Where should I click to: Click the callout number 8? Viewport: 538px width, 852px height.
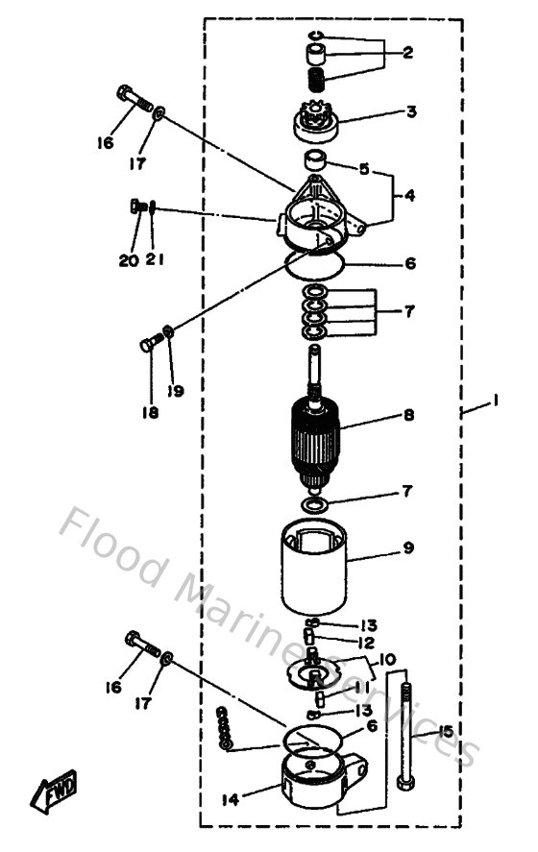coord(408,417)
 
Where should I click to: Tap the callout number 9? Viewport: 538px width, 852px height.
coord(408,548)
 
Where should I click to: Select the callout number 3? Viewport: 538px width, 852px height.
coord(411,112)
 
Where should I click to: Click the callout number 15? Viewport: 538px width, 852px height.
coord(445,731)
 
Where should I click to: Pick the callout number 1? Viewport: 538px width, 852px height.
coord(494,405)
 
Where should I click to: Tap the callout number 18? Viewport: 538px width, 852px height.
coord(152,412)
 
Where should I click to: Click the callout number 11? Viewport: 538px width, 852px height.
coord(358,688)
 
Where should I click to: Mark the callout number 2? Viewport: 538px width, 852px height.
coord(408,54)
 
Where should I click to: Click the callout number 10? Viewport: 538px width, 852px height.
coord(388,660)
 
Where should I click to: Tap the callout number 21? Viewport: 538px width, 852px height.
coord(155,259)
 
